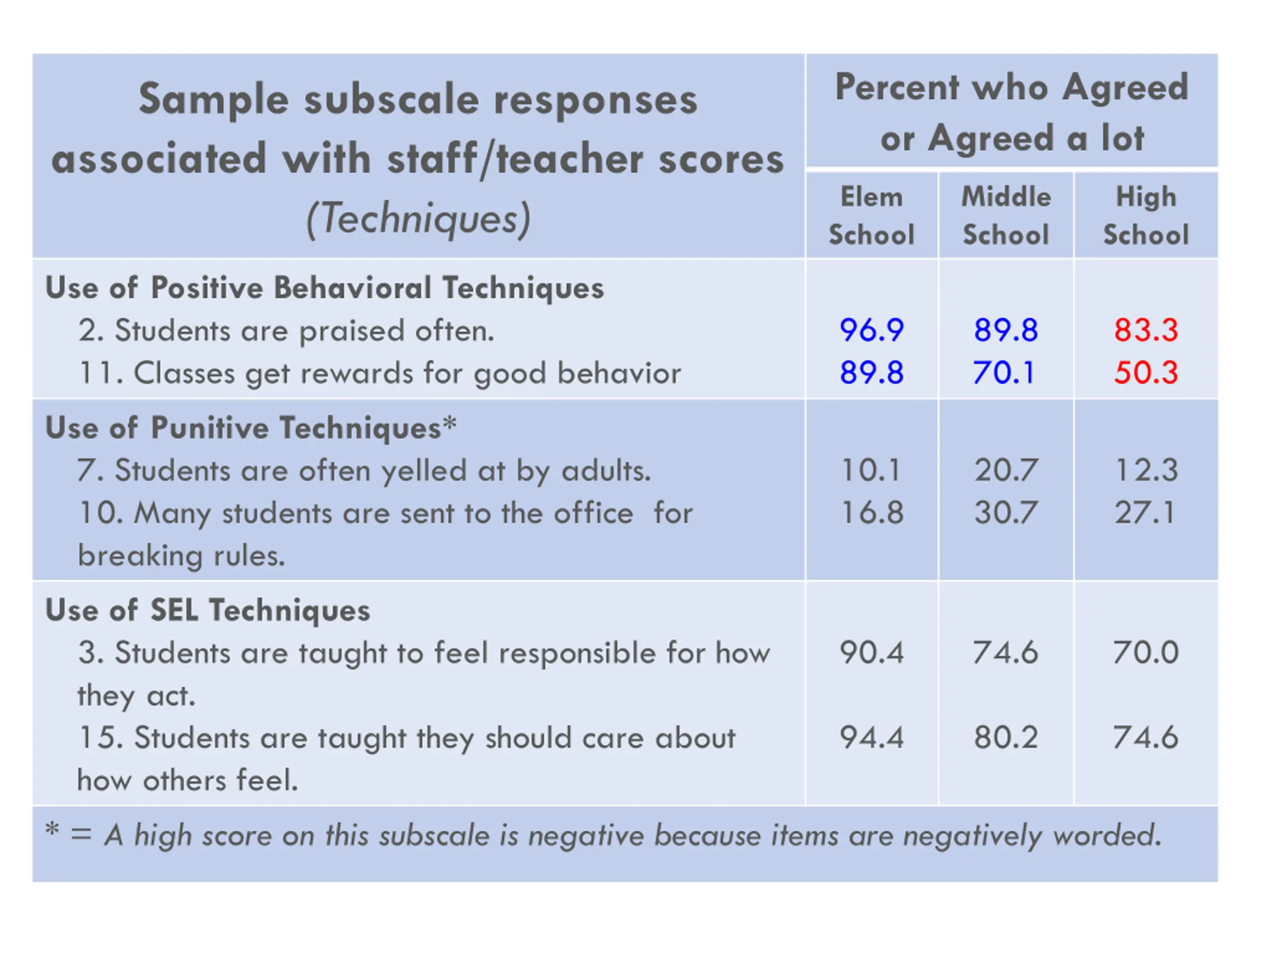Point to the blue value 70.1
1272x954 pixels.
pos(1004,373)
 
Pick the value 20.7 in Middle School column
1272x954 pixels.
pos(1006,471)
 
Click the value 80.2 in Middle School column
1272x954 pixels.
pos(1006,738)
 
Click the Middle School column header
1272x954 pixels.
pos(1006,216)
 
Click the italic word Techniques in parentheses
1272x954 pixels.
pos(418,219)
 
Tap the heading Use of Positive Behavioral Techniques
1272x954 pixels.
pos(324,288)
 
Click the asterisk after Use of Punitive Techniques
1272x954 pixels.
pos(450,424)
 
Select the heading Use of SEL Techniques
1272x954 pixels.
pos(208,610)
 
